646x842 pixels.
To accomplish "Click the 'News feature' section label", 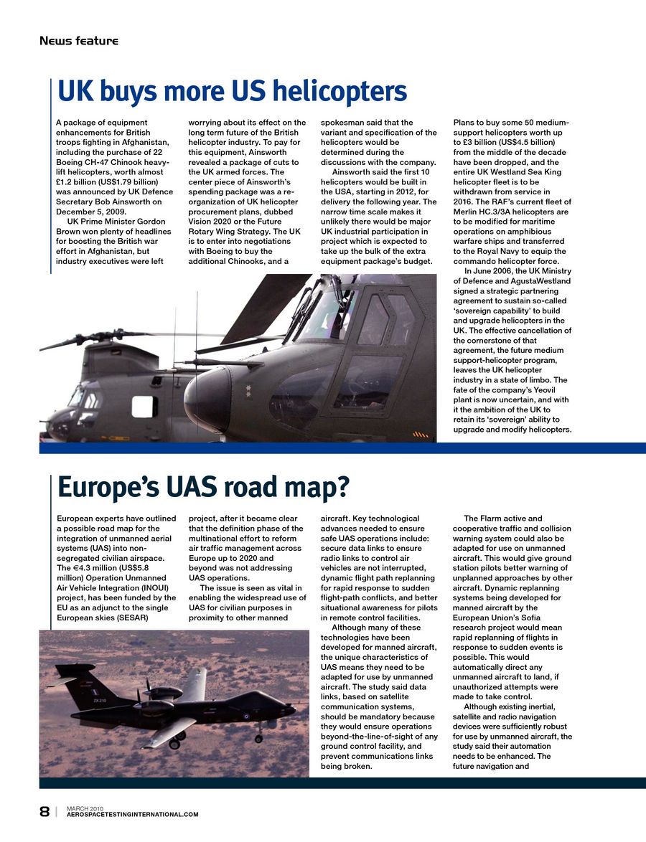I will (79, 41).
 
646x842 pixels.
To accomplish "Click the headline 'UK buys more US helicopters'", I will (232, 92).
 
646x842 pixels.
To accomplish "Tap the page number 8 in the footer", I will (45, 812).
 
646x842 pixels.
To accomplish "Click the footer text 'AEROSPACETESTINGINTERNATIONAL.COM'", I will (132, 815).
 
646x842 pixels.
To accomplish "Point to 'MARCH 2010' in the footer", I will (85, 808).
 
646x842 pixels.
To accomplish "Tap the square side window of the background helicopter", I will (144, 407).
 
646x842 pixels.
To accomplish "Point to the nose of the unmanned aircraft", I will (290, 709).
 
